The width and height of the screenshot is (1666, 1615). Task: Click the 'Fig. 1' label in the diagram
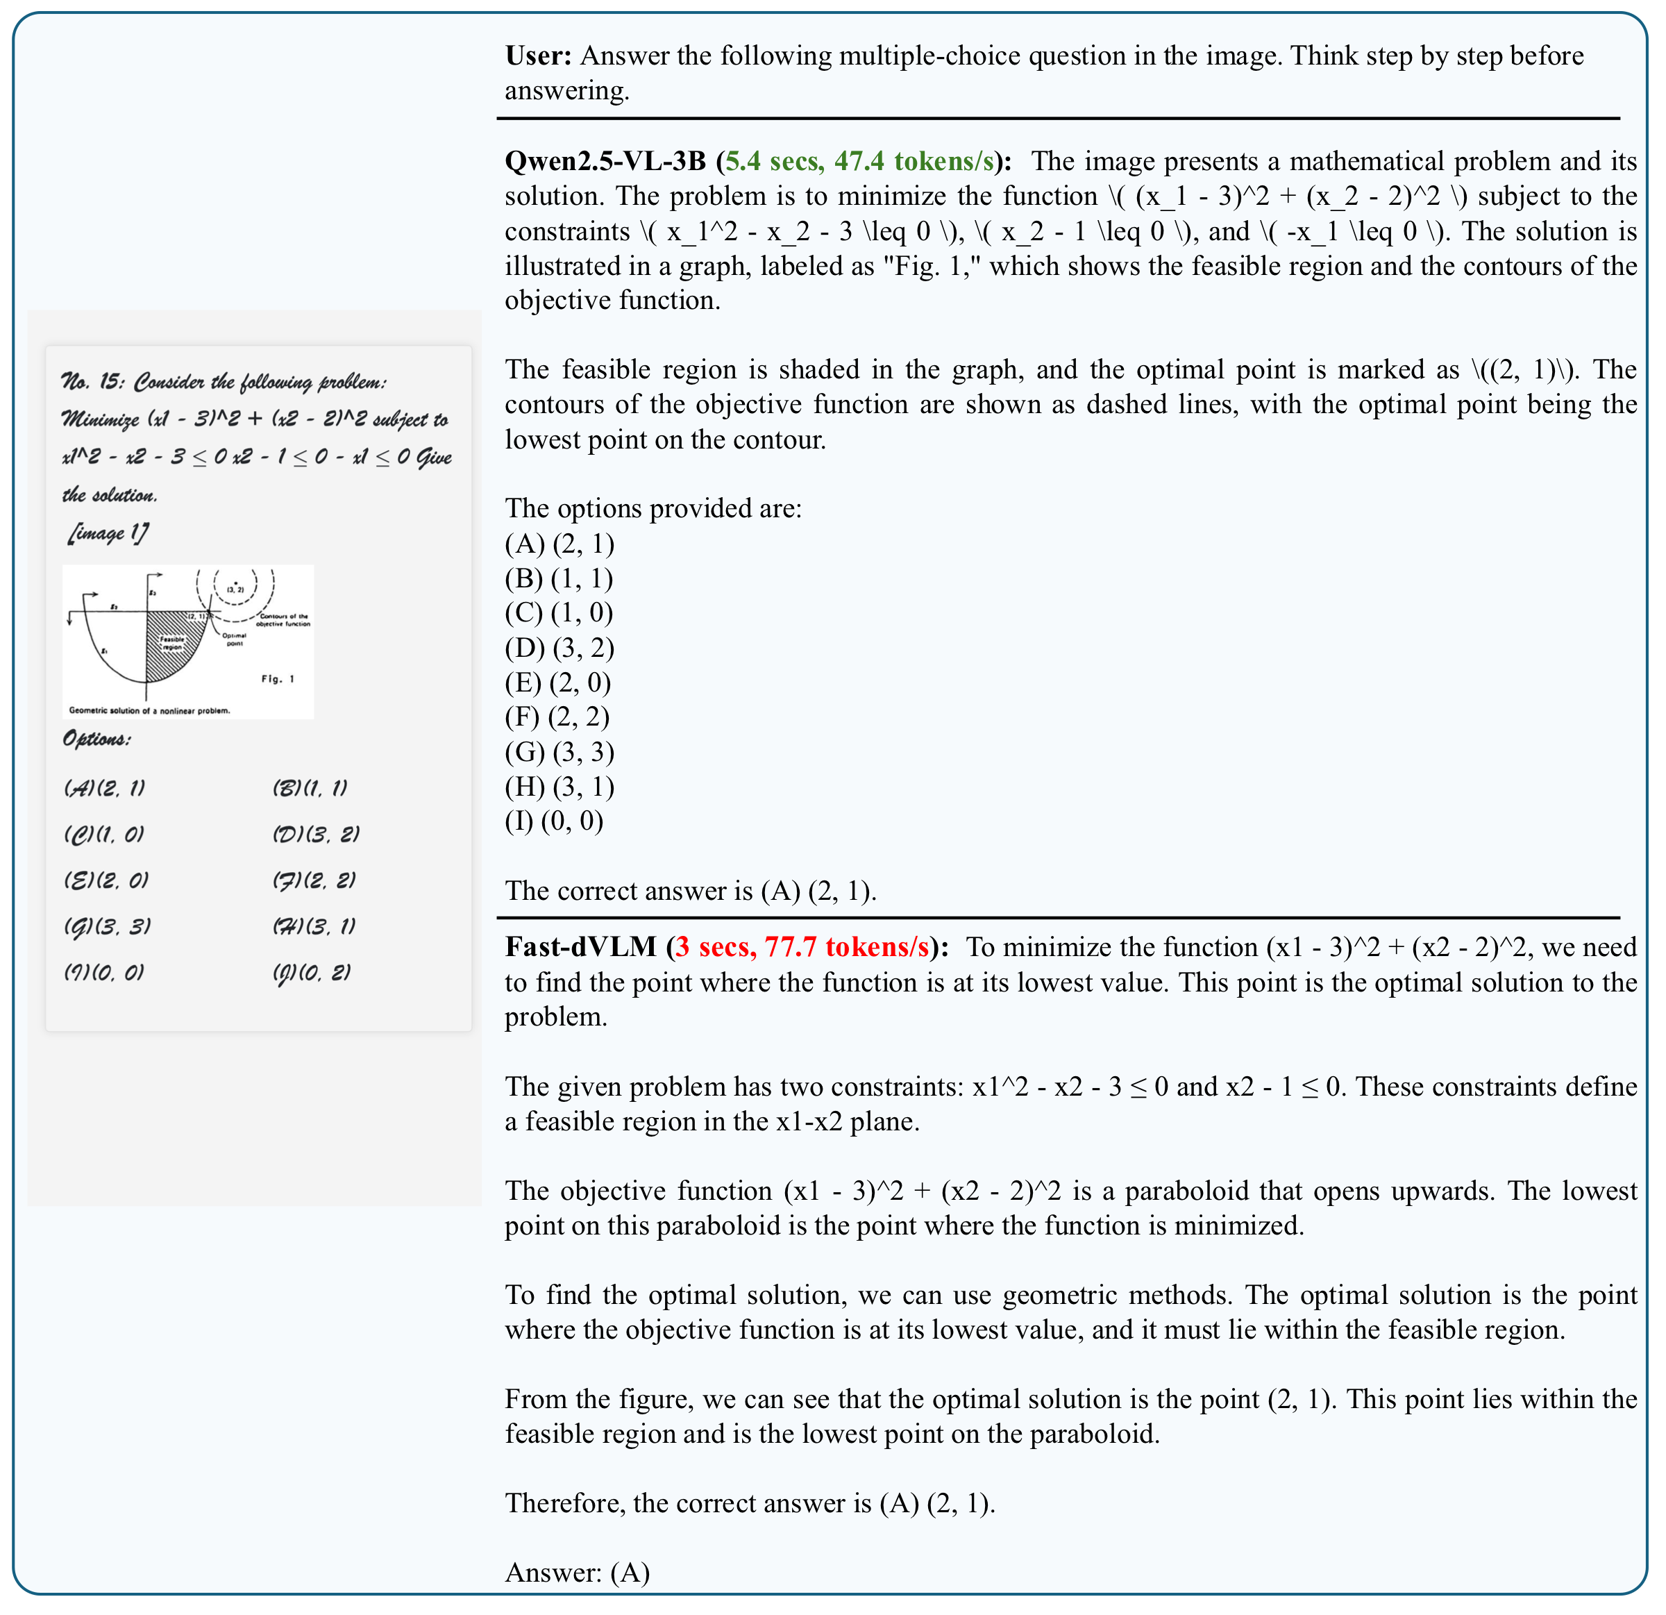coord(277,679)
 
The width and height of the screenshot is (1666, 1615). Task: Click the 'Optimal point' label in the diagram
coord(235,639)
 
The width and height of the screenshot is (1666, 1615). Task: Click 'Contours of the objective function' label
coord(285,619)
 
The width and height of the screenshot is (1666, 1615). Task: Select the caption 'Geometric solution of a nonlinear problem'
coord(150,710)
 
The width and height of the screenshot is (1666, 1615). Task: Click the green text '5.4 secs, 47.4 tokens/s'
coord(859,162)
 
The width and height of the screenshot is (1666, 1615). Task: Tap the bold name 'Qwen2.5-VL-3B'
coord(605,162)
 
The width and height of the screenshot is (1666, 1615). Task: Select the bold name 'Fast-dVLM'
coord(580,948)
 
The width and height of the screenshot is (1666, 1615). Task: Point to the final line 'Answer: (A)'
coord(577,1573)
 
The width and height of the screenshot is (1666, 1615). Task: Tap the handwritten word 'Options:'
coord(97,739)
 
